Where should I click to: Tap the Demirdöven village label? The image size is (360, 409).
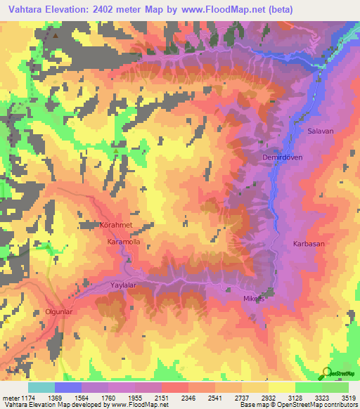click(282, 157)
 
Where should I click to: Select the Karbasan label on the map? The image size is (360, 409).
click(308, 244)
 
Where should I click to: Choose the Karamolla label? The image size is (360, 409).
click(123, 242)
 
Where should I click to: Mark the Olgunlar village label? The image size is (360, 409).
click(59, 310)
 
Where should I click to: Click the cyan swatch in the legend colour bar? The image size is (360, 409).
click(41, 387)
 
